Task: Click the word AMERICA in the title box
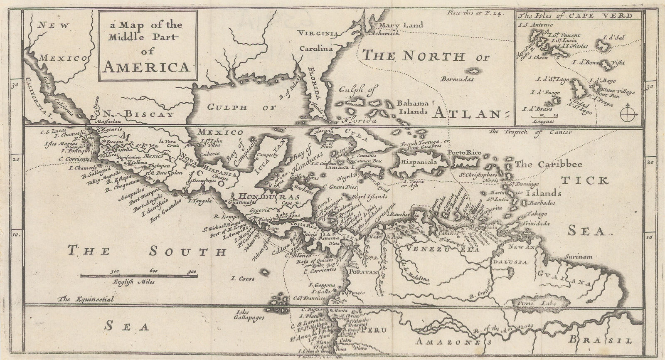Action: [147, 67]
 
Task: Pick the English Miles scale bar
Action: [138, 275]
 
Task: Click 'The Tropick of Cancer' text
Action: [530, 132]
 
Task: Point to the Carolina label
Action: [317, 48]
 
